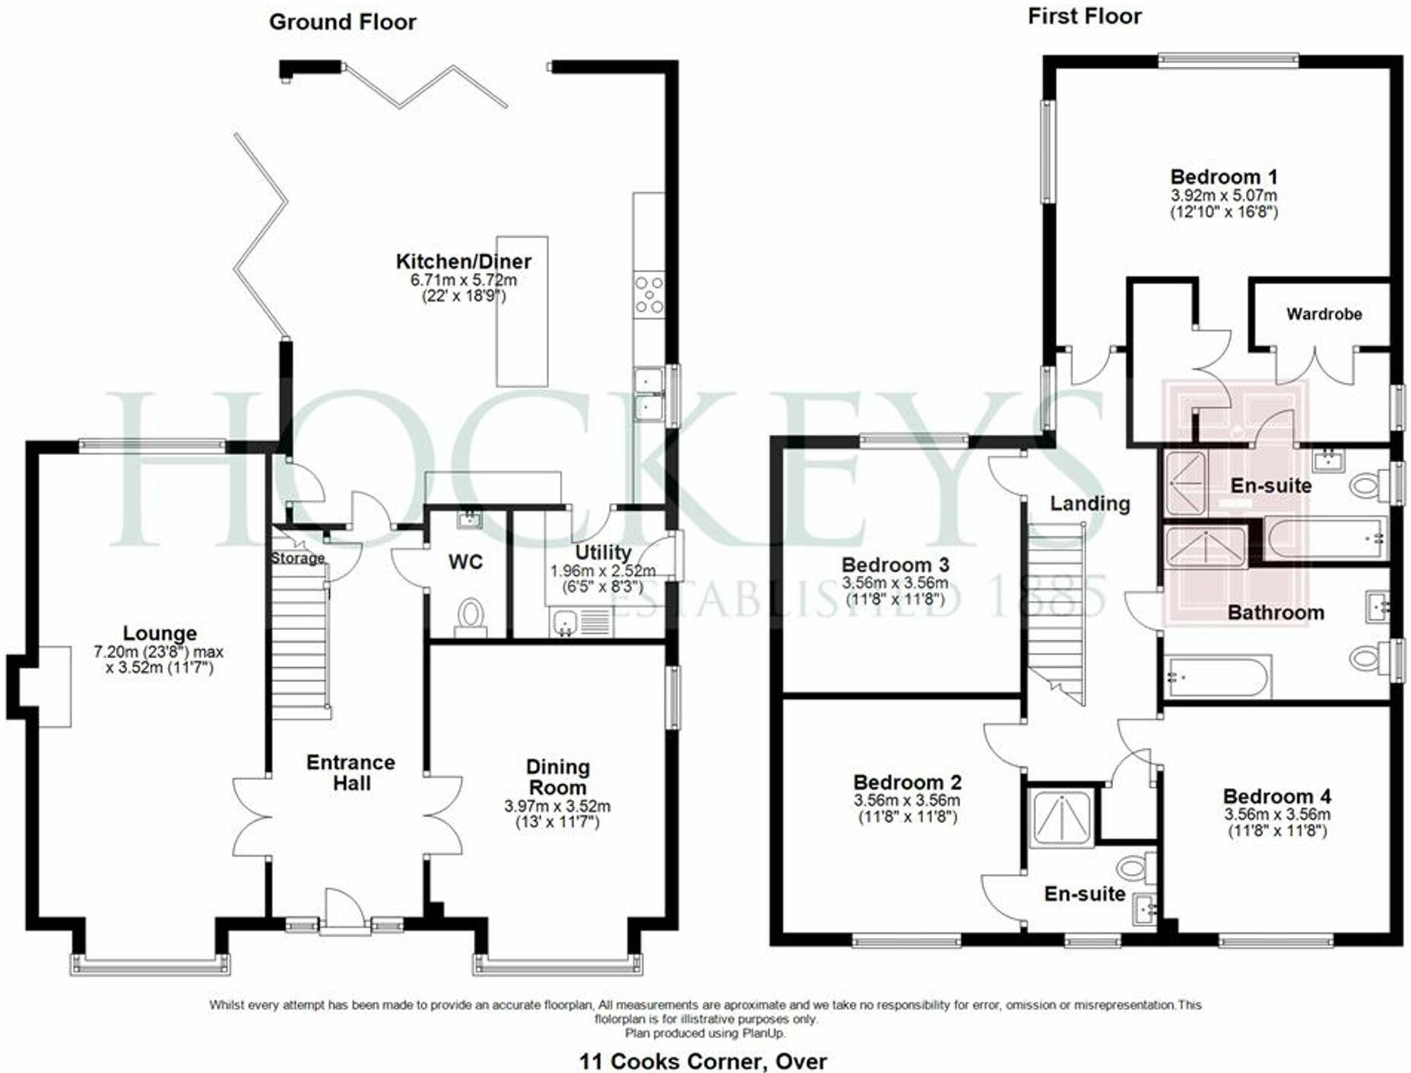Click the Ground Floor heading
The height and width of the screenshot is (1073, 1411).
342,22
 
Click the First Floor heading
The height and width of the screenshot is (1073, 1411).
1084,17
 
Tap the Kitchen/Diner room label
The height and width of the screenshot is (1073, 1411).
463,261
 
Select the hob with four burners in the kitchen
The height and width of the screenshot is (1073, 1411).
649,294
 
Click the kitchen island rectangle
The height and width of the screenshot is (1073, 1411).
522,311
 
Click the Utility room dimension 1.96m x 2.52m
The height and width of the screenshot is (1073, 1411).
602,571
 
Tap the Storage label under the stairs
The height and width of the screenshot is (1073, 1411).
297,559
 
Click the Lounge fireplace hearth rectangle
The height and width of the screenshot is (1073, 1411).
54,686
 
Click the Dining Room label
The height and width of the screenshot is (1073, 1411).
557,777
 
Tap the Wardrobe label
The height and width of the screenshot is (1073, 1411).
1324,314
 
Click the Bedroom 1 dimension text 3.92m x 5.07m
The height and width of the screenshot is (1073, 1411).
1223,195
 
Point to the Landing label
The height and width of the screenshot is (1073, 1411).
1089,503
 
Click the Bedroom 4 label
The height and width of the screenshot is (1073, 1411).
1276,796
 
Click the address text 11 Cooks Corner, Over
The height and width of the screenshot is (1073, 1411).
702,1061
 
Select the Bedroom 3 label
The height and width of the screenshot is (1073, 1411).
895,565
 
